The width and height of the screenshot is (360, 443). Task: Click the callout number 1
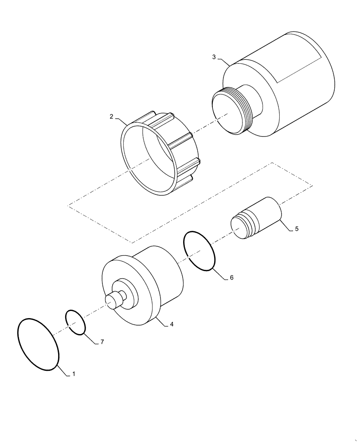[x=74, y=374]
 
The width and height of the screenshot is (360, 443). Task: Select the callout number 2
[x=112, y=117]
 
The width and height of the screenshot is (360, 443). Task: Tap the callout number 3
[x=214, y=57]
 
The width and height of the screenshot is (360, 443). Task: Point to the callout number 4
[x=172, y=324]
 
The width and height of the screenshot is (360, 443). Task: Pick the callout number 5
[x=297, y=229]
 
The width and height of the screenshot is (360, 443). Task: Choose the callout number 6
[x=231, y=278]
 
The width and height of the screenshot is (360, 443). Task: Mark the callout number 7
[x=102, y=342]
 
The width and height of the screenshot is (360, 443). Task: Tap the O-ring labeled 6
[x=185, y=248]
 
